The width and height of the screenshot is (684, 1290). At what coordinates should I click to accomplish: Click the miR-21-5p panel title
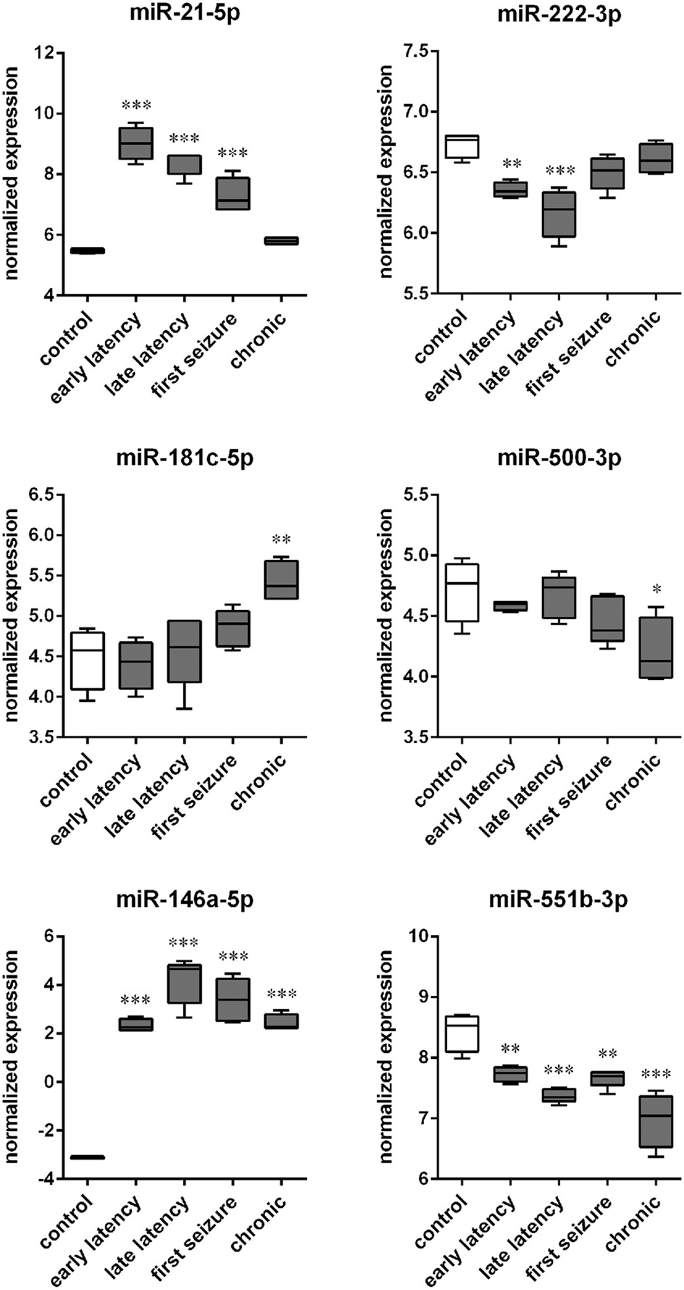point(184,14)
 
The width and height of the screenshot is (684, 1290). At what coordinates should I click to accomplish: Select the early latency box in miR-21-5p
point(135,143)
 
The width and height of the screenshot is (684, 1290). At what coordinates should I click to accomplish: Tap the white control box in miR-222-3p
point(461,147)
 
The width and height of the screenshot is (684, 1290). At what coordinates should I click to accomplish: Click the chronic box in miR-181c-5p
point(281,580)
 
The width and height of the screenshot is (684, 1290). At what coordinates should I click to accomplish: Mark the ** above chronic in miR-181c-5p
point(281,540)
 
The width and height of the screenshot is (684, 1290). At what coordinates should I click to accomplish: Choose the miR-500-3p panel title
point(559,458)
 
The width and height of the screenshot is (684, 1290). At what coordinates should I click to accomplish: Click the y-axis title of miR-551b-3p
point(386,1057)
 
